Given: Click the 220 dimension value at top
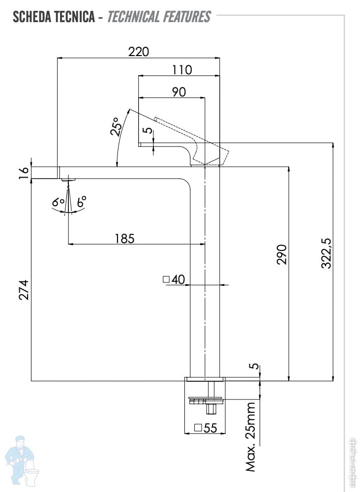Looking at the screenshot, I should point(138,51).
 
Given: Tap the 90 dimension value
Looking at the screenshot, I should point(179,92).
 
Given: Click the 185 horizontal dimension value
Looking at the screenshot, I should point(124,238).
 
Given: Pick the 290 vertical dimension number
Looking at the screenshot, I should point(281,254).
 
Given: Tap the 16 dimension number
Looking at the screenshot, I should point(24,173).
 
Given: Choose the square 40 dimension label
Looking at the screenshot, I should point(173,279).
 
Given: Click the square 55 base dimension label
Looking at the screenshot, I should point(206,428).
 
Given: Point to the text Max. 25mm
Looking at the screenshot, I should point(251,437).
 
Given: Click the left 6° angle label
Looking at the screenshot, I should point(59,202).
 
